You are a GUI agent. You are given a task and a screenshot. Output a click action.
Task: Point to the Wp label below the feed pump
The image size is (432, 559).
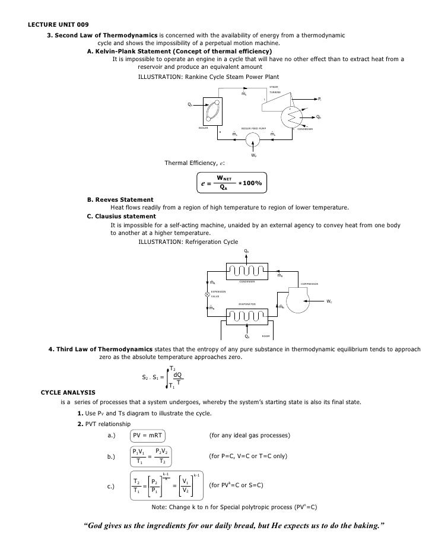(253, 155)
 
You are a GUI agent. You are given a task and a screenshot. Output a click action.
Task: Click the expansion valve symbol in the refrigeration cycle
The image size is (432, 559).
(207, 294)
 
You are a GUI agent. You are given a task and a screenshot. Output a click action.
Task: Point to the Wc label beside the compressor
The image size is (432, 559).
(329, 302)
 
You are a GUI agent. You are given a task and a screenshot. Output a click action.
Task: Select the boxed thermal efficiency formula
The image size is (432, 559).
(232, 182)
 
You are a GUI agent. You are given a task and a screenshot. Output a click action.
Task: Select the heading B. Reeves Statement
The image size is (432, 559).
(120, 199)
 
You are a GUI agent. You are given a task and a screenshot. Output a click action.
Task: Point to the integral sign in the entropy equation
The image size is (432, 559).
(167, 378)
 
